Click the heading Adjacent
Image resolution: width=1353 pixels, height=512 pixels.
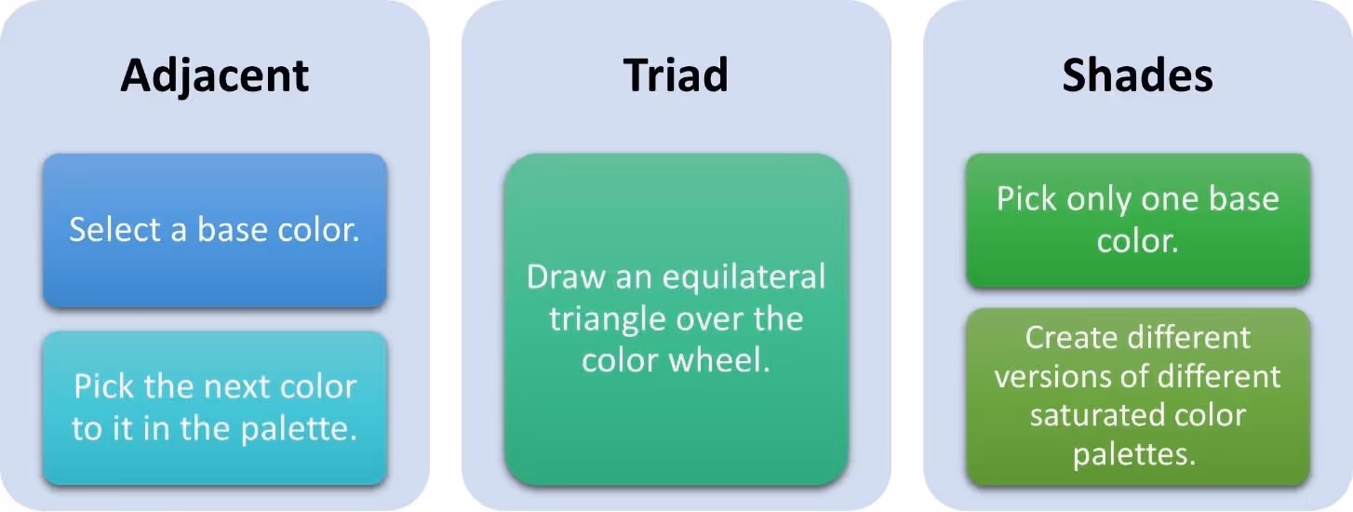[214, 75]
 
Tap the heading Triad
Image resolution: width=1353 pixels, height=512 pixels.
[676, 74]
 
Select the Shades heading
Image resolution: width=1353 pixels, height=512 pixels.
[1137, 75]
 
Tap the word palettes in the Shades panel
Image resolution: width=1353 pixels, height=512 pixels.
[1137, 455]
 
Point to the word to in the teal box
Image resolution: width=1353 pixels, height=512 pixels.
[87, 430]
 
